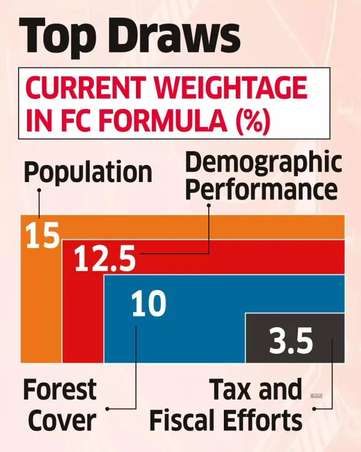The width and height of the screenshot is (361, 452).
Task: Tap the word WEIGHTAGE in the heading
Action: pos(232,89)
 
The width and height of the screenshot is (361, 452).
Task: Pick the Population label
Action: pos(88,173)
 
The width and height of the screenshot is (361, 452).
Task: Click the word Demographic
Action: pos(263,163)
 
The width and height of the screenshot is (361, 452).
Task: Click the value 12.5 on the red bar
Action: pos(105,259)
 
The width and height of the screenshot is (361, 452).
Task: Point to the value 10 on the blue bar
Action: pos(149,303)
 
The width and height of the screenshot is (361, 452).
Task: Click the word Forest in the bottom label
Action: pos(60,390)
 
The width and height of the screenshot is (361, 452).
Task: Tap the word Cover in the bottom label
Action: pos(63,419)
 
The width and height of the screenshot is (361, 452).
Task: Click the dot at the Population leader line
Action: pos(39,190)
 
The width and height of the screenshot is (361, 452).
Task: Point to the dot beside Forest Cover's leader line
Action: pos(108,409)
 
